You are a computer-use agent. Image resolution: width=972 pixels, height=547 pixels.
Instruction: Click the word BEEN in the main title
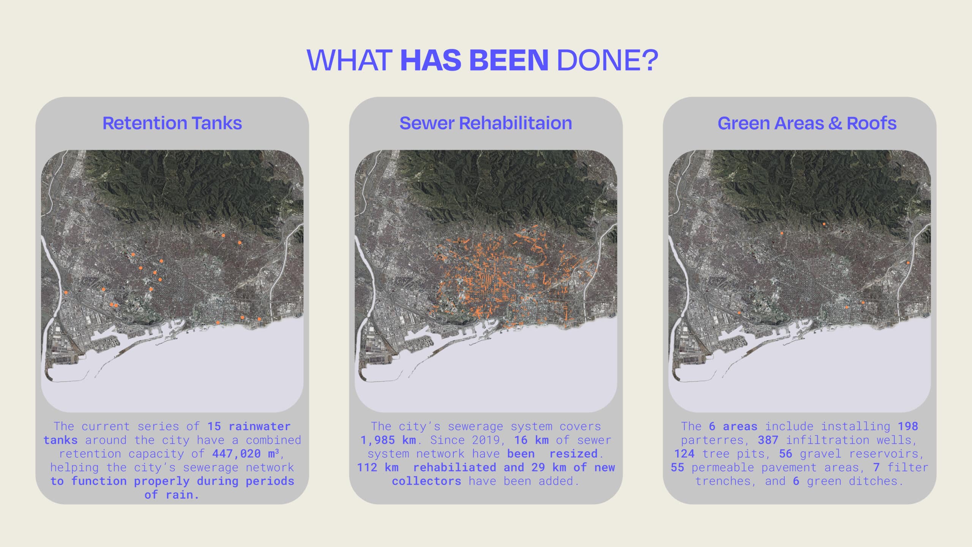[509, 60]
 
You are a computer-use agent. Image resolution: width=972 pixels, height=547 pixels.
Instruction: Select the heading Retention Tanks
[172, 123]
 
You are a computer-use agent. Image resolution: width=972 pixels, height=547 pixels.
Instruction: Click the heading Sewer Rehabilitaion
[486, 123]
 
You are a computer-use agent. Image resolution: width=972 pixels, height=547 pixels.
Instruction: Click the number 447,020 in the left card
[236, 454]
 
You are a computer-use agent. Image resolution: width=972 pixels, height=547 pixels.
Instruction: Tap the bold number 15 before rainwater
[214, 426]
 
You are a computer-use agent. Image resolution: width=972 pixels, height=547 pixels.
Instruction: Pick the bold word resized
[573, 454]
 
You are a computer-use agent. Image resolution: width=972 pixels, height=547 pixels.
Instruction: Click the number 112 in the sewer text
[367, 467]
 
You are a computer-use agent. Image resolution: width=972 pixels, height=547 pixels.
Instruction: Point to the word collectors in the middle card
[426, 481]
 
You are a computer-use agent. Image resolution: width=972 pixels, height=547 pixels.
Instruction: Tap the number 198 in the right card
[908, 426]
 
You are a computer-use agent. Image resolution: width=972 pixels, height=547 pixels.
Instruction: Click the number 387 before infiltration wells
[768, 440]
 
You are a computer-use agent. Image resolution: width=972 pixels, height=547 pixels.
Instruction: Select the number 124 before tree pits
[684, 454]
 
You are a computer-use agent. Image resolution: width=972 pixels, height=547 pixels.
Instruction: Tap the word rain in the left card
[182, 495]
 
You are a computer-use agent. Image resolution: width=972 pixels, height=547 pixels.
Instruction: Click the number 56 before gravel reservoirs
[786, 454]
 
